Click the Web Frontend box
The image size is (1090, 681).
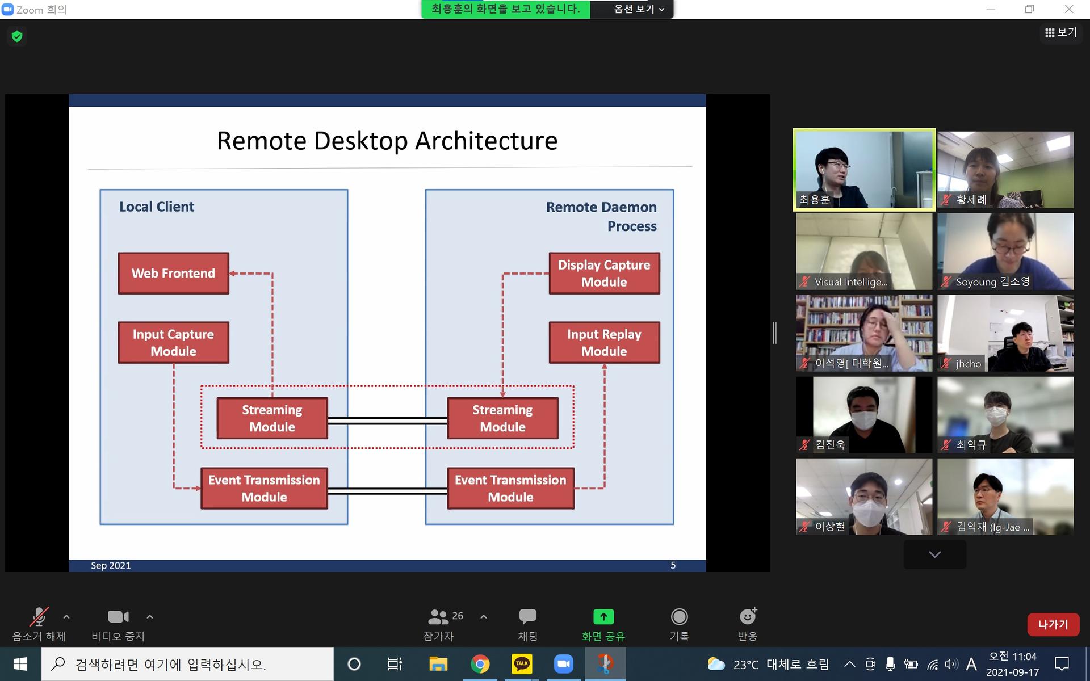(x=173, y=273)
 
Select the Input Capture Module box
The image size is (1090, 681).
(x=173, y=342)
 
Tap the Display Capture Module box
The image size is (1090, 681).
(x=604, y=273)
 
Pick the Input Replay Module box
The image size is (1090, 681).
(x=604, y=342)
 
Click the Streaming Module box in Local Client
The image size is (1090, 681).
(x=272, y=418)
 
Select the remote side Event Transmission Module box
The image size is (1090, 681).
(x=510, y=488)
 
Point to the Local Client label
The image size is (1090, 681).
(x=157, y=207)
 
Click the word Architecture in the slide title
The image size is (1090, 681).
(x=487, y=141)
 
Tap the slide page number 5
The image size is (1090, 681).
(x=673, y=565)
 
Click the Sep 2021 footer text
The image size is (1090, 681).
(x=111, y=565)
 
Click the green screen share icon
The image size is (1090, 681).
(x=603, y=616)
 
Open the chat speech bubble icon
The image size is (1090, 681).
(x=527, y=616)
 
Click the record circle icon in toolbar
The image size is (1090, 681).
(x=679, y=616)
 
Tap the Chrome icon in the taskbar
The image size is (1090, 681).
(x=480, y=664)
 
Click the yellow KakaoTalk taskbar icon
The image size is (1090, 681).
(x=522, y=664)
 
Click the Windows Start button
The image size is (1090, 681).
(x=20, y=664)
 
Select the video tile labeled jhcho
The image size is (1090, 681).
(x=1005, y=333)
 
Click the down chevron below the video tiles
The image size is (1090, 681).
(x=935, y=554)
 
